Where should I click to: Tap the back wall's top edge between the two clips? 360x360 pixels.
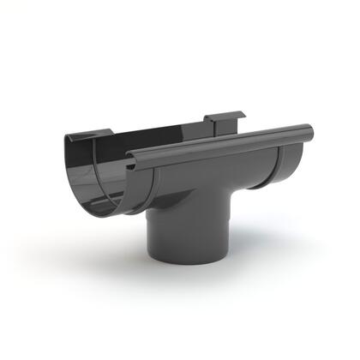[159, 126]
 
